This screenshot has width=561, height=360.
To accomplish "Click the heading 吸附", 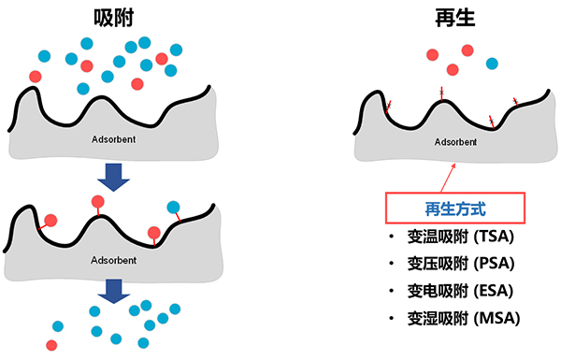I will tap(114, 18).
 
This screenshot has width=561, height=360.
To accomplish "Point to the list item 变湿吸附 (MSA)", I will tap(462, 319).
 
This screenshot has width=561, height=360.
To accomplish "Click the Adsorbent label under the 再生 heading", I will tap(456, 143).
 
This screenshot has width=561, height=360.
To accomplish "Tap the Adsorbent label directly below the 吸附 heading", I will tap(114, 139).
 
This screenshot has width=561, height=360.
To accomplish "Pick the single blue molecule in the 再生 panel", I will tap(492, 64).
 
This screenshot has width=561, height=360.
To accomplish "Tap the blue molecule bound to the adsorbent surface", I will tap(173, 207).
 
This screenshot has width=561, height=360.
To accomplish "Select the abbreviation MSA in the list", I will tap(495, 319).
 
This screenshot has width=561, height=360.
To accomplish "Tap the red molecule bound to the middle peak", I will tap(98, 201).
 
